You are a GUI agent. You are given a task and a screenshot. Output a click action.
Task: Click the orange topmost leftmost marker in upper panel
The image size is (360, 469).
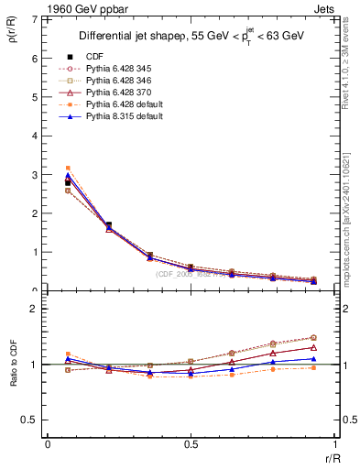pos(67,169)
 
